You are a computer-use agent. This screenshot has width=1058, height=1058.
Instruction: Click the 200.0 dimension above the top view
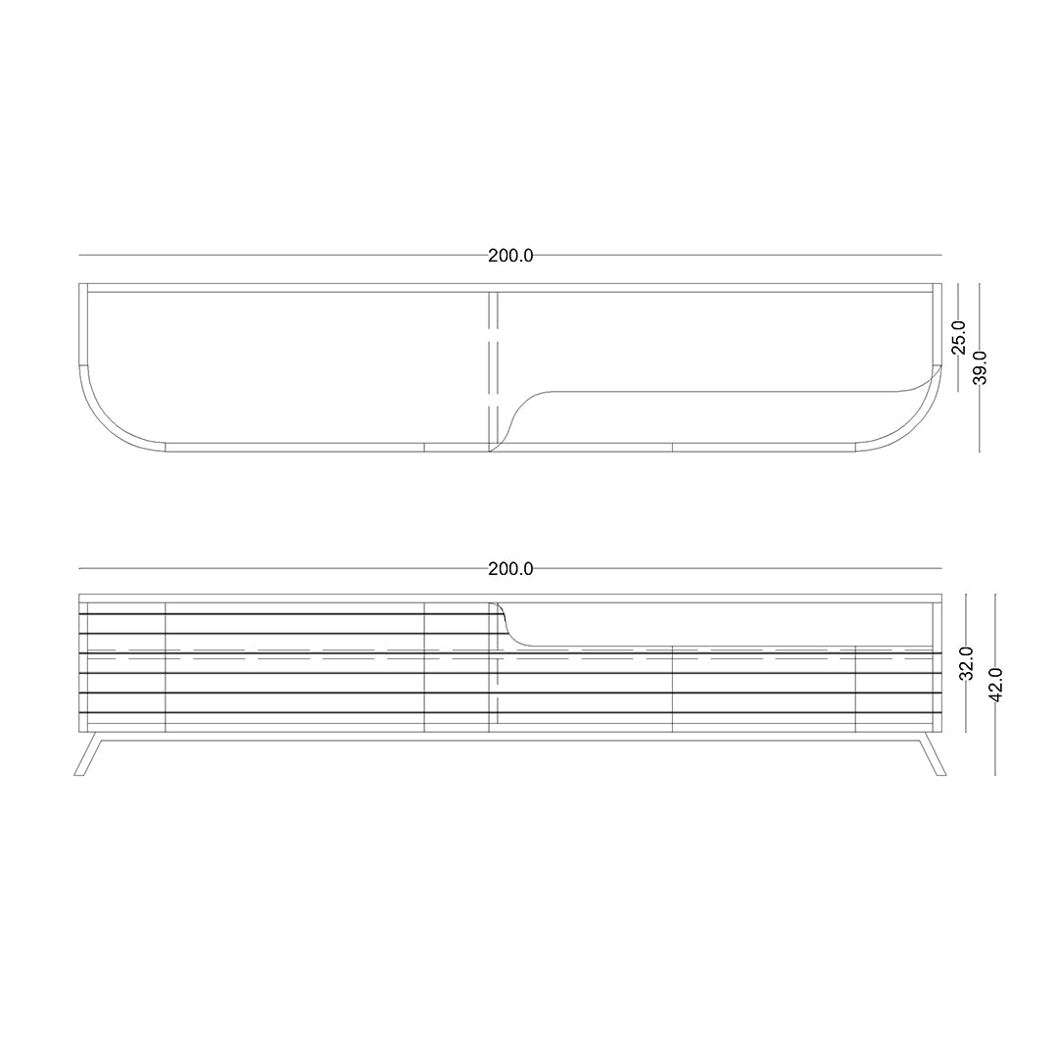click(x=510, y=256)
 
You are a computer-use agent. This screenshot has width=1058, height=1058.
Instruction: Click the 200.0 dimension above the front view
click(x=510, y=569)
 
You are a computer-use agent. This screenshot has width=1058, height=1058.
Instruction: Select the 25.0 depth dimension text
click(x=959, y=337)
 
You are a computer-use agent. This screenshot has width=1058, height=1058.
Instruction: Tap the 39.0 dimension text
click(x=980, y=367)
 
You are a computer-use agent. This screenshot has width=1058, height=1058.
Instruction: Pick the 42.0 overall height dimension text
click(x=995, y=684)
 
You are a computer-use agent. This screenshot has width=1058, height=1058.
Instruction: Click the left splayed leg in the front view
click(x=88, y=754)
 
